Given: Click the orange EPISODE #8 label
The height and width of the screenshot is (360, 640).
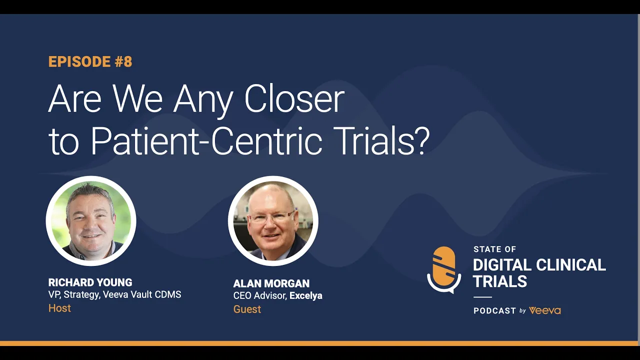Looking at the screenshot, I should click(x=90, y=61).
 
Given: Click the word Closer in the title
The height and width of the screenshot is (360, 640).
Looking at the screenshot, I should click(x=294, y=99).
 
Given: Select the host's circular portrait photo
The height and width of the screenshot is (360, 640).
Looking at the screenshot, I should click(x=91, y=220).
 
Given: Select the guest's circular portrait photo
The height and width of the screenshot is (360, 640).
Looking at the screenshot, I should click(x=273, y=220).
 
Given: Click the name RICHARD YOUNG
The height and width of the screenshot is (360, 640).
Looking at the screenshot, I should click(x=90, y=282).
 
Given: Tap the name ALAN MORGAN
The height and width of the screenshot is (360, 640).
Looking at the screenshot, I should click(x=271, y=283).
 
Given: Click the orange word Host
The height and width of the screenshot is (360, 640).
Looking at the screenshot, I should click(x=59, y=308).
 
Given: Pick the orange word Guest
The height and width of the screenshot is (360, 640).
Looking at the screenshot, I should click(x=247, y=309).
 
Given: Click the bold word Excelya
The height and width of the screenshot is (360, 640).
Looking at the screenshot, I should click(x=305, y=295).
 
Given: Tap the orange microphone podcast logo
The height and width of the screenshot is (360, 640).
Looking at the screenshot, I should click(x=444, y=269).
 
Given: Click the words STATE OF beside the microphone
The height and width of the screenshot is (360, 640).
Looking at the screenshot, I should click(x=494, y=249).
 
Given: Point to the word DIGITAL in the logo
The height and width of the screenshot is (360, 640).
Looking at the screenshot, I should click(x=504, y=265).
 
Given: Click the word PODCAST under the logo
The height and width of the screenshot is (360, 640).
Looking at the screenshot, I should click(x=494, y=310).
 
